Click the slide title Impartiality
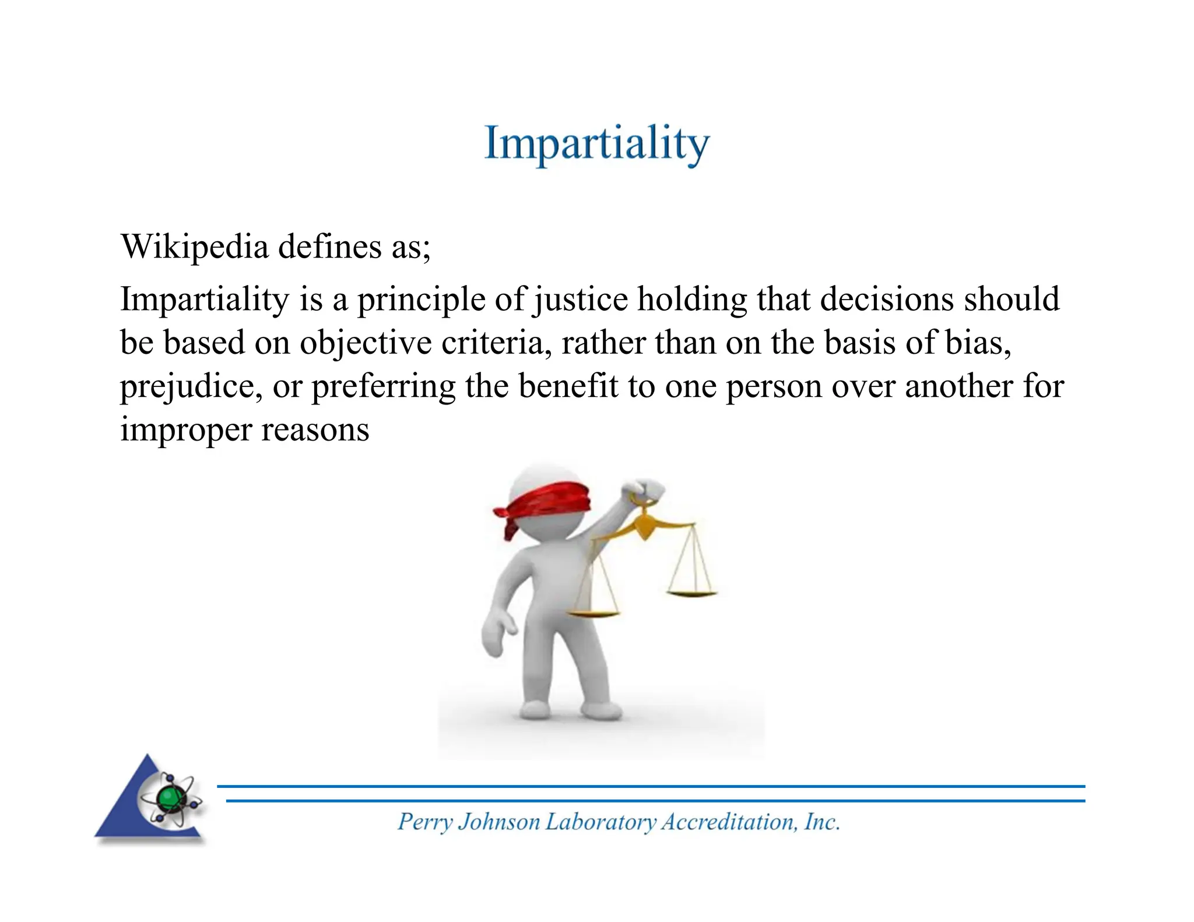click(596, 143)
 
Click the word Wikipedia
click(194, 247)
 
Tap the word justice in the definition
click(581, 300)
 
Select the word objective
click(366, 343)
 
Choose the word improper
click(185, 430)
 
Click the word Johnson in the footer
click(499, 822)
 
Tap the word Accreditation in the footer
click(728, 822)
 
